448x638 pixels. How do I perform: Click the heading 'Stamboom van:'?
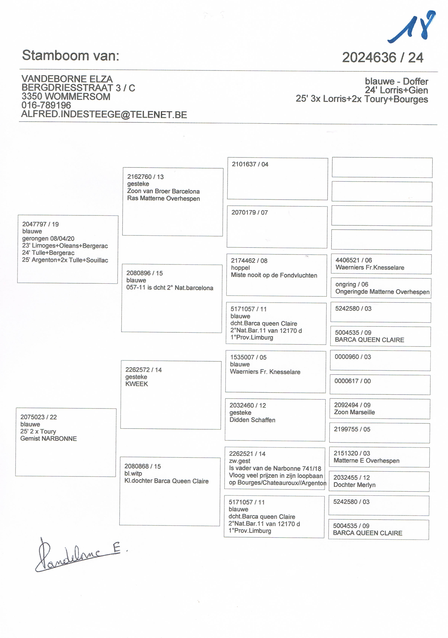[x=71, y=55]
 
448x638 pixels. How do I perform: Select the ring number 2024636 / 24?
[x=382, y=58]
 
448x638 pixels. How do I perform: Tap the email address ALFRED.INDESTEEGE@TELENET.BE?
[x=104, y=115]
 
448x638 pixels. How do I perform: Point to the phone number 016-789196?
[x=46, y=105]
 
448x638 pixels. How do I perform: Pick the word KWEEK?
[x=137, y=384]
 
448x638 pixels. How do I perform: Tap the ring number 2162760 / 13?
[x=145, y=177]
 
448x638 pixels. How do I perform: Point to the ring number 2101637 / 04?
[x=250, y=164]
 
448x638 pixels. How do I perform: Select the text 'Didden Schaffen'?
[x=252, y=420]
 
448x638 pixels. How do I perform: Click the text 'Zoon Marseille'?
[x=354, y=412]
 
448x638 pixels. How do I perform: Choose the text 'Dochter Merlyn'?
[x=354, y=485]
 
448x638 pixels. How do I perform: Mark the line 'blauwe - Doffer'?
[x=396, y=81]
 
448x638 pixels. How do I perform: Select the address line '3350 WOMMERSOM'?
[x=66, y=96]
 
